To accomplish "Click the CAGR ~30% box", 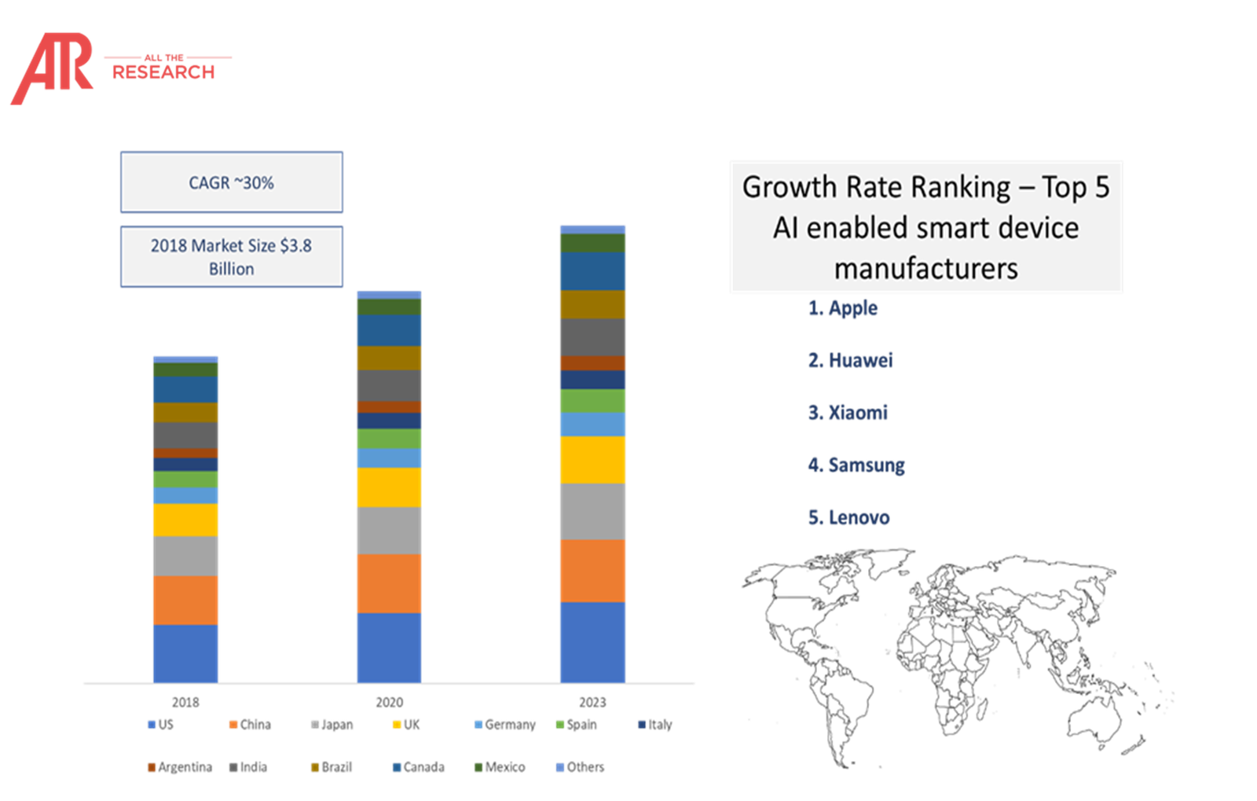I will [x=231, y=182].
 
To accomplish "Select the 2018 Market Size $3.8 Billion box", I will [x=231, y=256].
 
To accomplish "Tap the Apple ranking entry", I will [x=842, y=308].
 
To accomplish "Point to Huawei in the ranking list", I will [x=850, y=361].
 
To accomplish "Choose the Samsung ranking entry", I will [x=856, y=465].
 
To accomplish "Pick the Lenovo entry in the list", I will [x=848, y=518].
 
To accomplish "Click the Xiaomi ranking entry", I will [x=848, y=413].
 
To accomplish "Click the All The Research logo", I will [x=118, y=68].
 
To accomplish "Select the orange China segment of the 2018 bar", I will [x=185, y=600].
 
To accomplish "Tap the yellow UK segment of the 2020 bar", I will [x=389, y=487].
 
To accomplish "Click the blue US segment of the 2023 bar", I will [x=592, y=641].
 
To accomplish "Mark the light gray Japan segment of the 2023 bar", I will [x=592, y=511].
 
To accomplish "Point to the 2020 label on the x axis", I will [x=389, y=702].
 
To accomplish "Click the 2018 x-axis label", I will [x=185, y=702].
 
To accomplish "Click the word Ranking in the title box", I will [x=966, y=187].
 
